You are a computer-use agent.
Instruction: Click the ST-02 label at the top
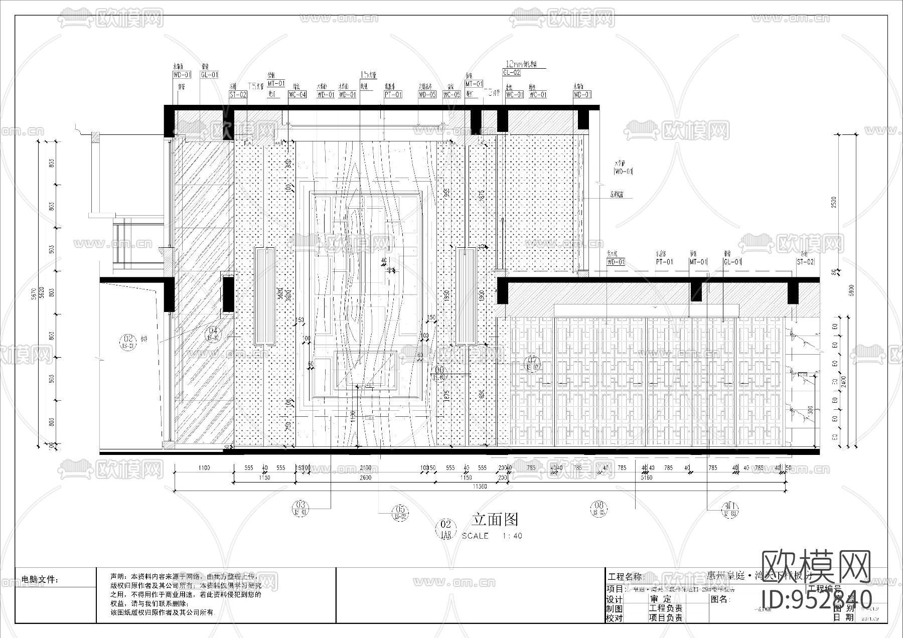click(x=238, y=94)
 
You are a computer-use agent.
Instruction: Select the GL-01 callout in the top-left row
click(x=209, y=75)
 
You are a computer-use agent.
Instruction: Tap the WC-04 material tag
click(x=297, y=94)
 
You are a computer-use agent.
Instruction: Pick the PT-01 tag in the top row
click(x=393, y=94)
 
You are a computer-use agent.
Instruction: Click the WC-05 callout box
click(x=452, y=94)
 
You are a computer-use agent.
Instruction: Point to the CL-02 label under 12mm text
click(x=511, y=73)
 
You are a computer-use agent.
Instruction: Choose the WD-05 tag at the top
click(x=427, y=94)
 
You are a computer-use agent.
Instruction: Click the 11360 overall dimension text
click(x=480, y=487)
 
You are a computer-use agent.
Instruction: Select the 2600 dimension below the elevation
click(x=366, y=477)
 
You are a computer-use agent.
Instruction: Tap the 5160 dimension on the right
click(x=647, y=477)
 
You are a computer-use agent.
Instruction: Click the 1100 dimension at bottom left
click(x=204, y=468)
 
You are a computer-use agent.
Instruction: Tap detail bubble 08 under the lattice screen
click(x=598, y=509)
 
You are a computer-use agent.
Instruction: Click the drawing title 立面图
click(x=495, y=519)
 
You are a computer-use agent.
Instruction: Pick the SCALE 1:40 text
click(x=492, y=536)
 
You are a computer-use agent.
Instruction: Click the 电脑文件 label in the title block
click(x=40, y=580)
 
